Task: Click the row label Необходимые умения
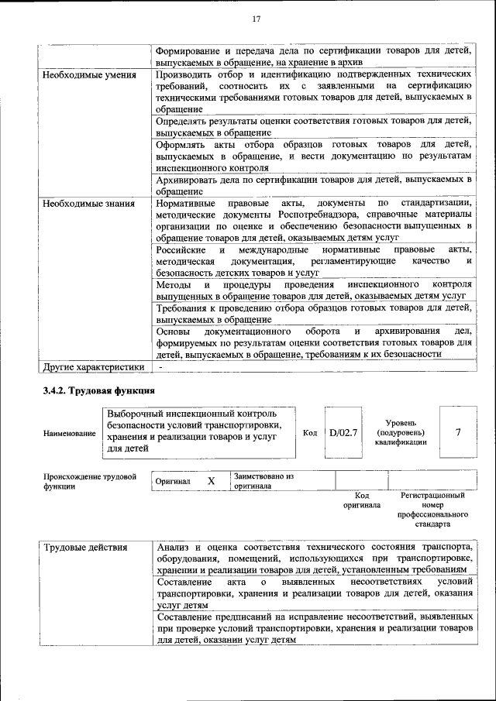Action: pyautogui.click(x=90, y=75)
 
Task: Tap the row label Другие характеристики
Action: pyautogui.click(x=94, y=366)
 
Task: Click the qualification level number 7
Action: pyautogui.click(x=457, y=432)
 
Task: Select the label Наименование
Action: pyautogui.click(x=70, y=435)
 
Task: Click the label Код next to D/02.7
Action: pyautogui.click(x=310, y=433)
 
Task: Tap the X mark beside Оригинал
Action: pyautogui.click(x=211, y=481)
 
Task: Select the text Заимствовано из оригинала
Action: pyautogui.click(x=263, y=481)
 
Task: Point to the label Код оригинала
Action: pyautogui.click(x=362, y=500)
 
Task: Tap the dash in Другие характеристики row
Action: pyautogui.click(x=160, y=366)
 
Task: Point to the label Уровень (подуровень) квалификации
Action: pyautogui.click(x=400, y=431)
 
